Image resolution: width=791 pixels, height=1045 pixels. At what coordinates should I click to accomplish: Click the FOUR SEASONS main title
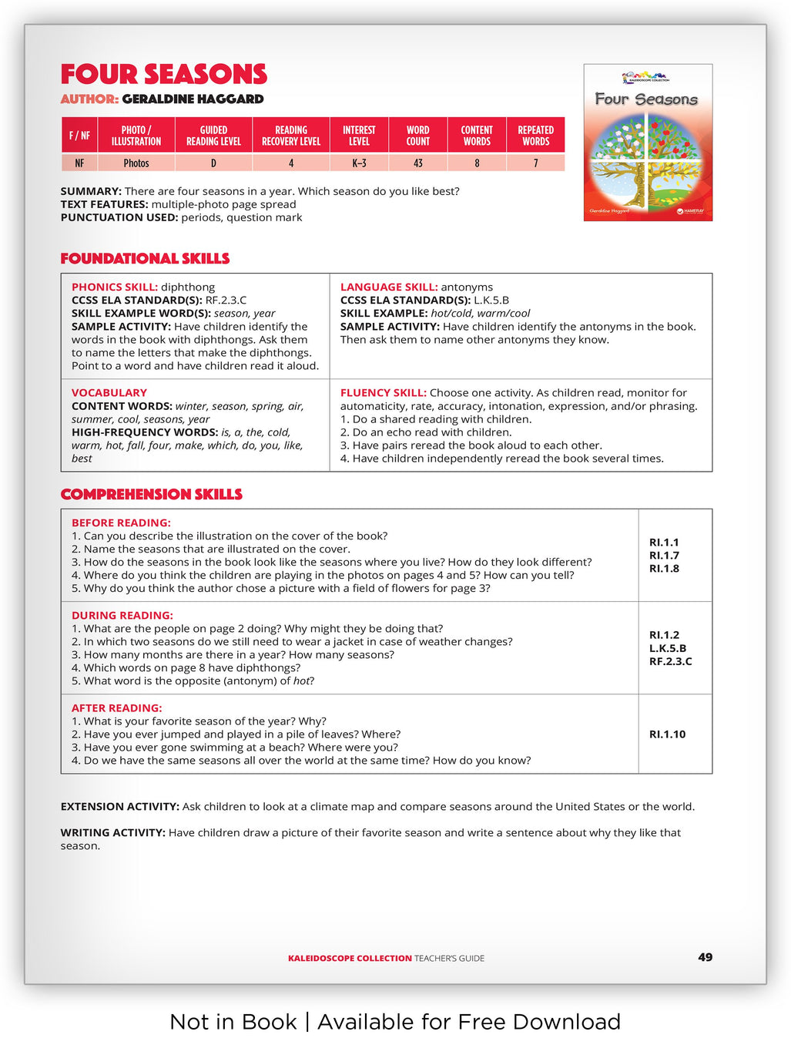click(x=163, y=75)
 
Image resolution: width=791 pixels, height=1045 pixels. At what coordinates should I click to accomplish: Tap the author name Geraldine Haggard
click(x=193, y=99)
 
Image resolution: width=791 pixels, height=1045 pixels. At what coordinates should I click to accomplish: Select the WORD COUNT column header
click(x=418, y=136)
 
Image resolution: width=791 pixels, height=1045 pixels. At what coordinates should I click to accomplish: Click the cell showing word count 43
click(x=418, y=163)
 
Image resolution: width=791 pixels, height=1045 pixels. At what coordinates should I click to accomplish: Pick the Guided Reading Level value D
click(x=213, y=163)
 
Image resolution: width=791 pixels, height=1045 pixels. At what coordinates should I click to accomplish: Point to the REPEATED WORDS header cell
click(x=535, y=136)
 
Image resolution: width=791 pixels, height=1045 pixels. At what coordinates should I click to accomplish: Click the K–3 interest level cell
click(x=359, y=163)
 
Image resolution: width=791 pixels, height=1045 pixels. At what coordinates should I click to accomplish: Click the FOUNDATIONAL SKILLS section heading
click(x=145, y=259)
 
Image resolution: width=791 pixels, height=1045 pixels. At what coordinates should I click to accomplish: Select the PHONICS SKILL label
click(x=114, y=287)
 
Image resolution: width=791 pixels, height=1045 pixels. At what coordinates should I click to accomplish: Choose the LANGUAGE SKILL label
click(x=388, y=287)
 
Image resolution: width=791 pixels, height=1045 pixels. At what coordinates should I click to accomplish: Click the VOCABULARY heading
click(x=109, y=393)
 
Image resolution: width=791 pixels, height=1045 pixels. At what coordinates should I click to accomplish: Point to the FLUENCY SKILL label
click(x=383, y=393)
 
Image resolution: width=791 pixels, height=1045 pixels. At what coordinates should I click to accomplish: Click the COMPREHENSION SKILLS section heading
click(x=151, y=495)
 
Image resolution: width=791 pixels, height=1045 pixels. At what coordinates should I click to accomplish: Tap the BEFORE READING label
click(x=121, y=523)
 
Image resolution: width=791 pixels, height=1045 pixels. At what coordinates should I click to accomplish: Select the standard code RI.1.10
click(x=667, y=734)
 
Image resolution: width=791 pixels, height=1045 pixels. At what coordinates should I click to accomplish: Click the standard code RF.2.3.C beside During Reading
click(x=670, y=661)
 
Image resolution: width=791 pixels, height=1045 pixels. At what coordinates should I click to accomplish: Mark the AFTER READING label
click(x=116, y=708)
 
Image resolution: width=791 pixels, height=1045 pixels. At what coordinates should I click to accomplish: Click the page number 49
click(x=705, y=957)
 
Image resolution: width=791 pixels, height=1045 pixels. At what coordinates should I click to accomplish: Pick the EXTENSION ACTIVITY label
click(x=119, y=807)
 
